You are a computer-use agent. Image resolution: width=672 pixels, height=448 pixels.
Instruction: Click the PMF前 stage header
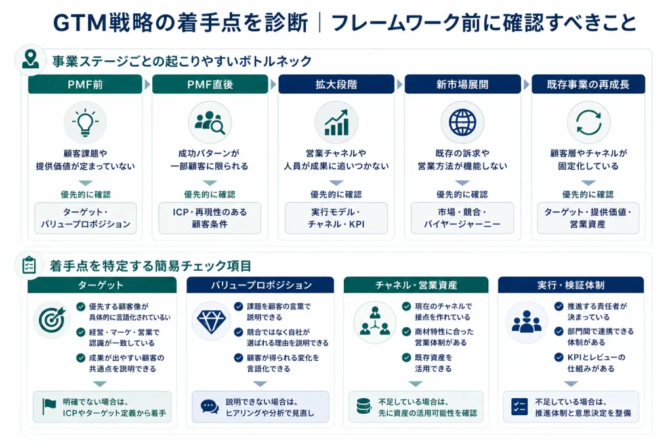tap(85, 85)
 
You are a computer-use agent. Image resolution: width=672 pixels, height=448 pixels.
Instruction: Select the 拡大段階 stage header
tap(337, 85)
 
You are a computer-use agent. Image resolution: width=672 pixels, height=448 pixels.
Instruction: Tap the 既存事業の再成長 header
tap(588, 85)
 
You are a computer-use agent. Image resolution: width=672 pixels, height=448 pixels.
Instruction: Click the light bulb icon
tap(85, 123)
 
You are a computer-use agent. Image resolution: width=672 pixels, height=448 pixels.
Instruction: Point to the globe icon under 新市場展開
tap(463, 123)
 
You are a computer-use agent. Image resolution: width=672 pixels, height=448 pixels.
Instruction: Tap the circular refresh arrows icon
tap(589, 123)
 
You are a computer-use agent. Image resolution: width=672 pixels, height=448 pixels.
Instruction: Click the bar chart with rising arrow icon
tap(337, 123)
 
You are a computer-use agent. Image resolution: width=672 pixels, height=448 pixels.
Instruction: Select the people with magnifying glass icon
tap(209, 123)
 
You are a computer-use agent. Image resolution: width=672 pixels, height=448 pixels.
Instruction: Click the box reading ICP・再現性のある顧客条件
tap(209, 218)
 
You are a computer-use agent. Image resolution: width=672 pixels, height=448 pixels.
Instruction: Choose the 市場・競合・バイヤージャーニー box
tap(463, 218)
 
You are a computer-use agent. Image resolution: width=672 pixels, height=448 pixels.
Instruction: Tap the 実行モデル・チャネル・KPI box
tap(337, 218)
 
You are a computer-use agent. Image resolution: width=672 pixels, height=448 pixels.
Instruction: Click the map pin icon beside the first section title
tap(30, 59)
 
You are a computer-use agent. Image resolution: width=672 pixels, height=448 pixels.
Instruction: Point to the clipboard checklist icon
tap(29, 266)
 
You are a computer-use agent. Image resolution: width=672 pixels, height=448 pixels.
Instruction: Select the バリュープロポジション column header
tap(260, 285)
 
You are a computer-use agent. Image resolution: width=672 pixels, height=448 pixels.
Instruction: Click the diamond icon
tap(211, 321)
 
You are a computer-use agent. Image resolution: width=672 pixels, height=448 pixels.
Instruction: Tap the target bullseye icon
tap(52, 319)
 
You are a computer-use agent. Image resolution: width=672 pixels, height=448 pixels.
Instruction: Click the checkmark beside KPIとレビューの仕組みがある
tap(559, 357)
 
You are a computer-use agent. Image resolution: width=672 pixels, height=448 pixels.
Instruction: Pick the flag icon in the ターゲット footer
tap(49, 407)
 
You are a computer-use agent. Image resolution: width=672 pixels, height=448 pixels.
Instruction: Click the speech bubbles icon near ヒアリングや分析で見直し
tap(209, 407)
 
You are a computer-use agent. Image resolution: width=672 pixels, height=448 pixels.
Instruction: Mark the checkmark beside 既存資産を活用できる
tap(406, 357)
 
